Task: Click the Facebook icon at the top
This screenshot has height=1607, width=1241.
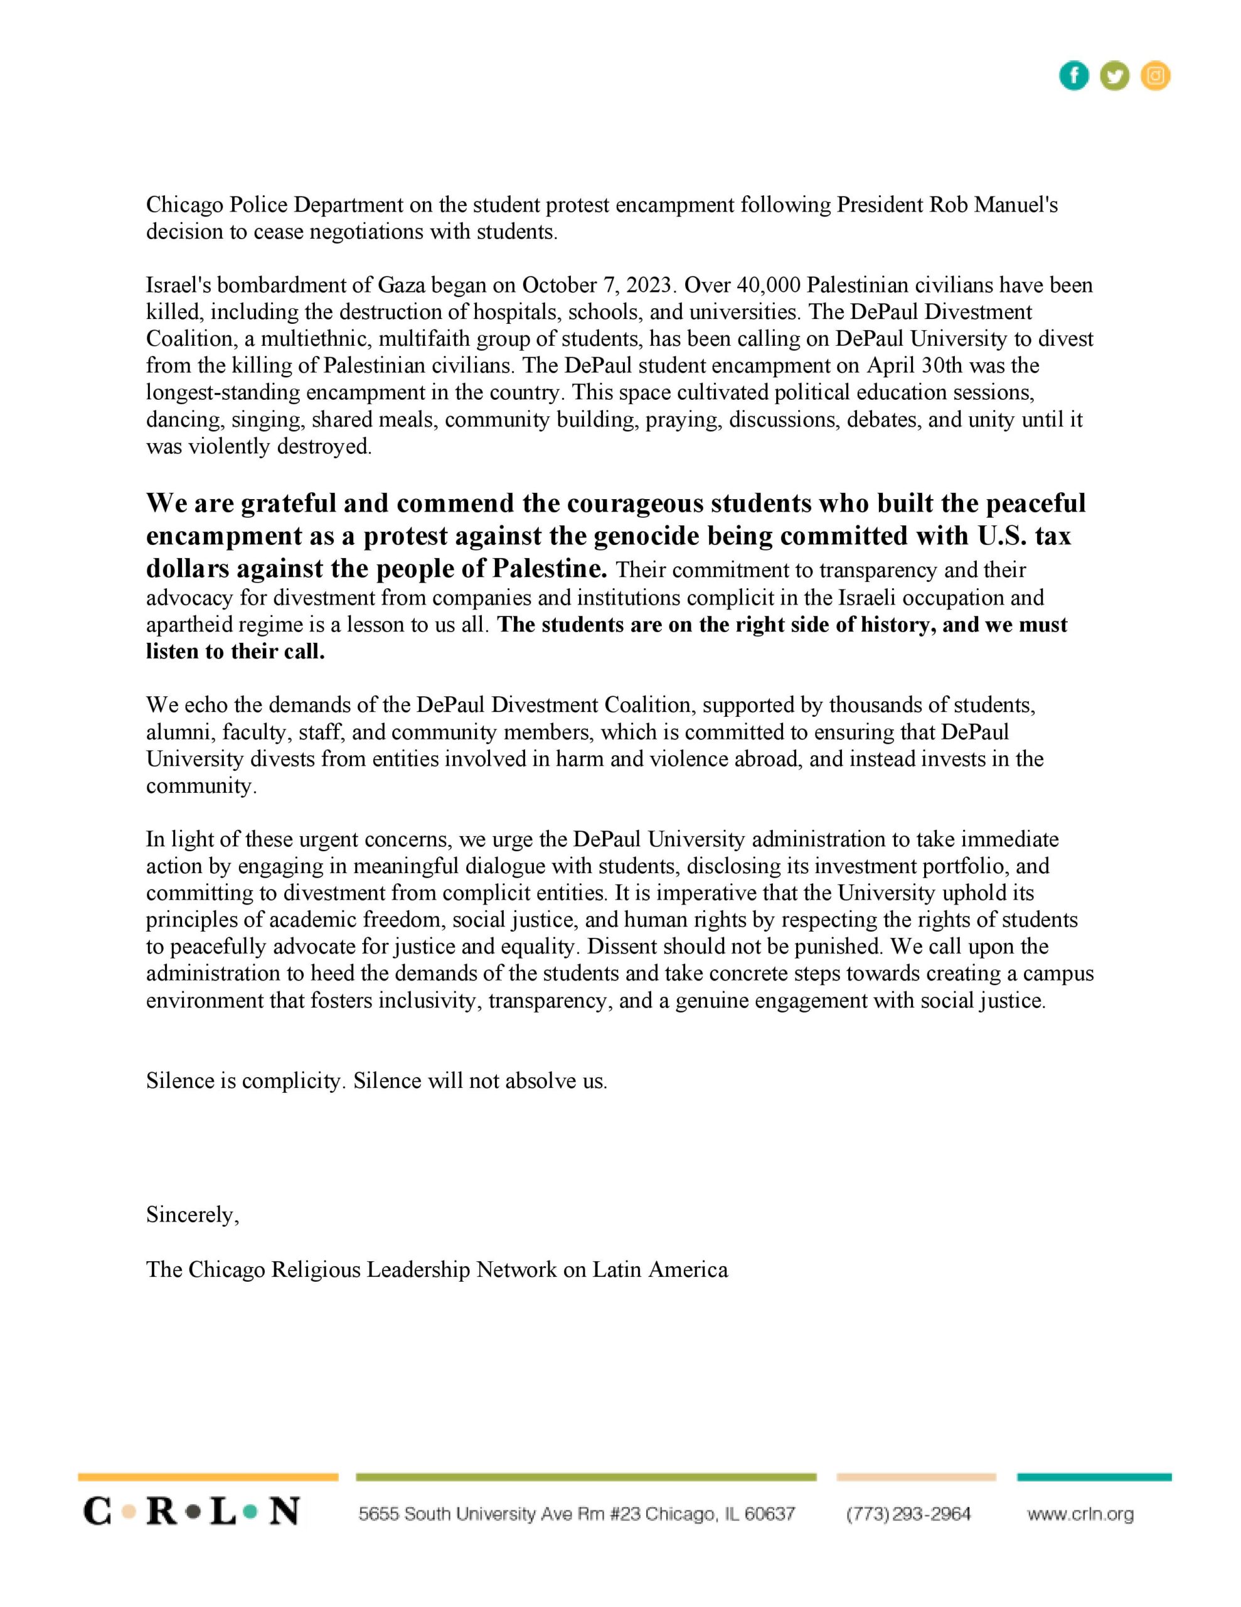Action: click(1073, 76)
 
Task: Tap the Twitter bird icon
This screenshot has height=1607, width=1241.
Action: click(1114, 76)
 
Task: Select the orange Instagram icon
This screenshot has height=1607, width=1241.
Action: click(1156, 76)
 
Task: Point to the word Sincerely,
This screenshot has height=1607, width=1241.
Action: click(193, 1215)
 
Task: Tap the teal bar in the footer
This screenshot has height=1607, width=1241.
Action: click(1094, 1477)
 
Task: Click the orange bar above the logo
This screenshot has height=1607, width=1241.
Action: click(208, 1477)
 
